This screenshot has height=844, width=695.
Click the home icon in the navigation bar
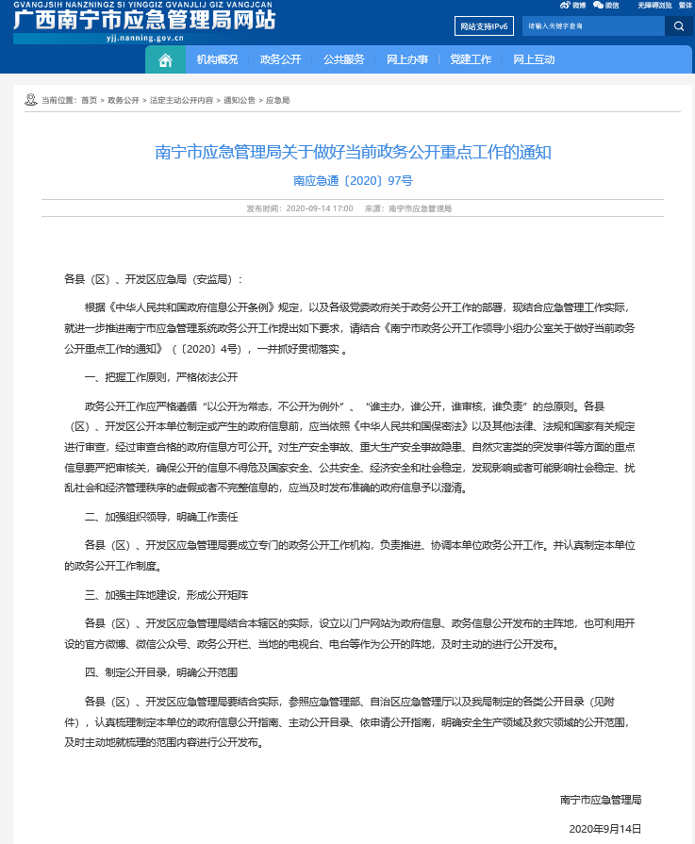tap(165, 59)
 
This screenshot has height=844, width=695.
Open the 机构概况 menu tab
tap(217, 59)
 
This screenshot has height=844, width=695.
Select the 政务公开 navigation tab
tap(280, 59)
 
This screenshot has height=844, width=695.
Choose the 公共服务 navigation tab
tap(343, 59)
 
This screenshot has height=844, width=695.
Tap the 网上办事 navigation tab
tap(407, 59)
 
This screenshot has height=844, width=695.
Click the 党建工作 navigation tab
tap(471, 59)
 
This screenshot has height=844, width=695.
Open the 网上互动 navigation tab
tap(534, 59)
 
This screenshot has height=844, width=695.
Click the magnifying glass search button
tap(678, 26)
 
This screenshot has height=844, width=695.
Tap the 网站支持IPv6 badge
tap(482, 26)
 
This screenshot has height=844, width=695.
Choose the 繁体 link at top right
tap(686, 5)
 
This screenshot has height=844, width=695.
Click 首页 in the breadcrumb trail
tap(89, 99)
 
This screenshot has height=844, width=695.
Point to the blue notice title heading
tap(352, 152)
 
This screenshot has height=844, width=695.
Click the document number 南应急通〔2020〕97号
tap(352, 178)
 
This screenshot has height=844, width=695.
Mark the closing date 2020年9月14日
tap(604, 828)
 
